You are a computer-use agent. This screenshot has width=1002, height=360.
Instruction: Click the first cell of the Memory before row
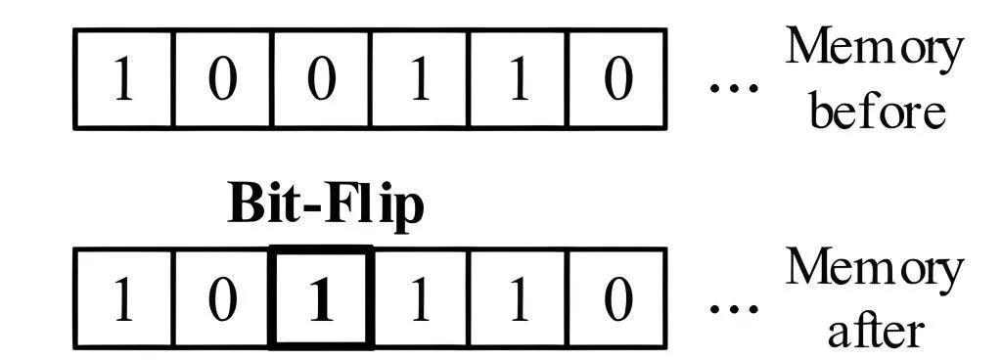[x=123, y=78]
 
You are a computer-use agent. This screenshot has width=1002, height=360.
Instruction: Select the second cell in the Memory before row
[x=223, y=78]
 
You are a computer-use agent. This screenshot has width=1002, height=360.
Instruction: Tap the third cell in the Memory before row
[x=321, y=78]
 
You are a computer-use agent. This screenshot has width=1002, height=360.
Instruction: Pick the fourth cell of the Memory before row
[x=419, y=78]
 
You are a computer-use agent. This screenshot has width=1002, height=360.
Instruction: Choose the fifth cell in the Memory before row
[x=518, y=78]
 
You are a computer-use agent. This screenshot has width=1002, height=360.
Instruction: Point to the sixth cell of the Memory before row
[x=616, y=78]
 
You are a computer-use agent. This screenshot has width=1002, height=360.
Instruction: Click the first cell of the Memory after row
[x=123, y=296]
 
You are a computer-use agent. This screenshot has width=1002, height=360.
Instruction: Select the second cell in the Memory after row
[x=223, y=296]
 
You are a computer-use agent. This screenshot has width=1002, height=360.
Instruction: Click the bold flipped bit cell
[x=321, y=296]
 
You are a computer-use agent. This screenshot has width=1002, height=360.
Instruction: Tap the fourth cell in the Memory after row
[x=419, y=296]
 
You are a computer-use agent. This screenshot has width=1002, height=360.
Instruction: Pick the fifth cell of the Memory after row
[x=518, y=296]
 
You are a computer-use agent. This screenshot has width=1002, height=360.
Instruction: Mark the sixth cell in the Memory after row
[x=616, y=296]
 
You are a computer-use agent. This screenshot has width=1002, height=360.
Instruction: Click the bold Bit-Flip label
[x=326, y=208]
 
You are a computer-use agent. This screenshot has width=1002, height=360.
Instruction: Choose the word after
[x=875, y=330]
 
